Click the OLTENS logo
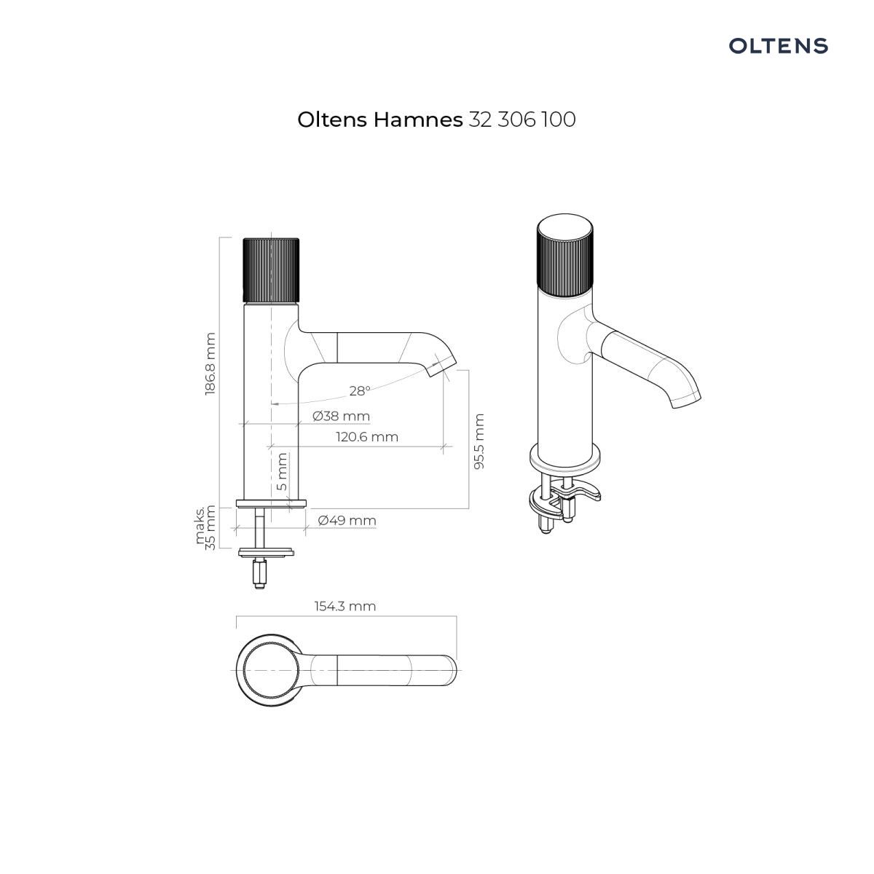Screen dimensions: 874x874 (x=778, y=46)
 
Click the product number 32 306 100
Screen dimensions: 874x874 (x=522, y=119)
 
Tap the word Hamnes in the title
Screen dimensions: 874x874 (x=418, y=119)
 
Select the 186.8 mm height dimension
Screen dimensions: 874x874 (x=210, y=363)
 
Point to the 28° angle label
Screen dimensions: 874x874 (x=360, y=390)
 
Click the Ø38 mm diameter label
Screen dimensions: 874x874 (x=341, y=416)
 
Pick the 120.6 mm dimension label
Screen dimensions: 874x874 (x=367, y=437)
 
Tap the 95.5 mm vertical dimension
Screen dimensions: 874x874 (x=479, y=441)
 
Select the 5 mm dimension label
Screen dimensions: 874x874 (x=282, y=472)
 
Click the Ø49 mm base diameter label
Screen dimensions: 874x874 (x=347, y=520)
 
